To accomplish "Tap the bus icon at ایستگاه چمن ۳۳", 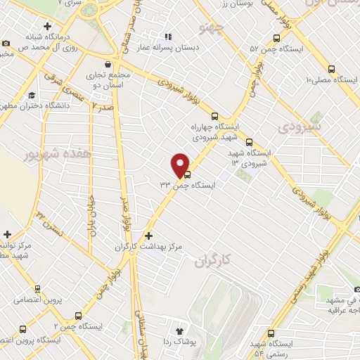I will click(x=187, y=176).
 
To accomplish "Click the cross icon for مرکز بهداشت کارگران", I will click(x=148, y=236).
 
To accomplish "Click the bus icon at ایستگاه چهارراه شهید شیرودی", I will click(x=215, y=117).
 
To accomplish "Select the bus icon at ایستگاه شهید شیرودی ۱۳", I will click(x=249, y=143).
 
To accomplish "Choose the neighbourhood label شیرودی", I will click(x=298, y=127).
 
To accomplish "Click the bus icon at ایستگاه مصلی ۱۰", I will click(x=331, y=68).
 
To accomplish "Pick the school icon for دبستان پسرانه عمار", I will click(x=167, y=36).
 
